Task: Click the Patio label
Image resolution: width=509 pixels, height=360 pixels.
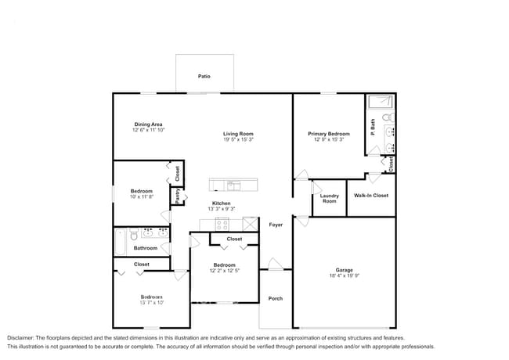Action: coord(204,77)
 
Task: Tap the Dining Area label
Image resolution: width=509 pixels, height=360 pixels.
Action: coord(148,124)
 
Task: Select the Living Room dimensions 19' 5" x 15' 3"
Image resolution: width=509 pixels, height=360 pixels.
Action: coord(238,140)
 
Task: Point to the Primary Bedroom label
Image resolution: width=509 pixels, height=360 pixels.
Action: coord(328,134)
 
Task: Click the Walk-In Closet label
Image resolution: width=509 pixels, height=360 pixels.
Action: coord(371,195)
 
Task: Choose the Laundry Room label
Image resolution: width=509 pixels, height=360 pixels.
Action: coord(330,198)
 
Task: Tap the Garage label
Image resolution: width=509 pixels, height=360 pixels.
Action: coord(345,270)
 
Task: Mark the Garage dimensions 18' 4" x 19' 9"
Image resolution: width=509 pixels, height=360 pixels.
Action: coord(345,276)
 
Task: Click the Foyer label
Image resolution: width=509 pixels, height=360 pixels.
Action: coord(276,225)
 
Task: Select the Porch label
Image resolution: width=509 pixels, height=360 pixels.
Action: coord(276,298)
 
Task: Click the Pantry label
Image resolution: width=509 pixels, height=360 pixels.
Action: coord(178,196)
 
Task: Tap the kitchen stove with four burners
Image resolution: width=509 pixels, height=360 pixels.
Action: coord(222,225)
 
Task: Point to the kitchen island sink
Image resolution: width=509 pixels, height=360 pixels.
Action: coord(233,185)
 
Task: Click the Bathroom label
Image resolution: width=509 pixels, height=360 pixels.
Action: coord(145,248)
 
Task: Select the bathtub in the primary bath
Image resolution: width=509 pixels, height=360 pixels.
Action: coord(381,100)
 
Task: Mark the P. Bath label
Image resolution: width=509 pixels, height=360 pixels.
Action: coord(374,124)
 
